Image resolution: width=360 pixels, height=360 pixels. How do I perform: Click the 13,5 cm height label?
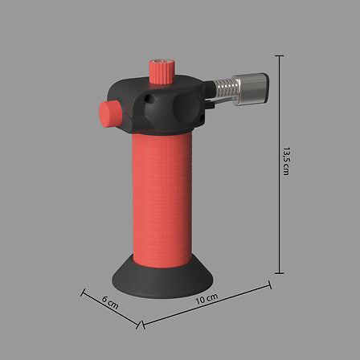click(x=286, y=161)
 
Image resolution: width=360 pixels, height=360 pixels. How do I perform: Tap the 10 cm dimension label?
click(x=207, y=299)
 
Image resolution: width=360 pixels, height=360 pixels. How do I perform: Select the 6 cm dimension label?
click(x=110, y=303)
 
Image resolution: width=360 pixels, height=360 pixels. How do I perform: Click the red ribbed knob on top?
click(x=162, y=72)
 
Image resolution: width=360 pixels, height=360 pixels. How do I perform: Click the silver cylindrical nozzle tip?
click(x=251, y=89)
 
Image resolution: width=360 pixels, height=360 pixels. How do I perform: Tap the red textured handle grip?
click(x=162, y=199)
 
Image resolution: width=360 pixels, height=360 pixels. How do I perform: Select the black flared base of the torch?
click(x=162, y=279)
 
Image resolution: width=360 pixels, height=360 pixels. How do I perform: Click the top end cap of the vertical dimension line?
click(x=279, y=55)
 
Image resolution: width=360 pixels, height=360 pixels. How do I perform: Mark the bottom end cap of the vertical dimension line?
click(x=279, y=273)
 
